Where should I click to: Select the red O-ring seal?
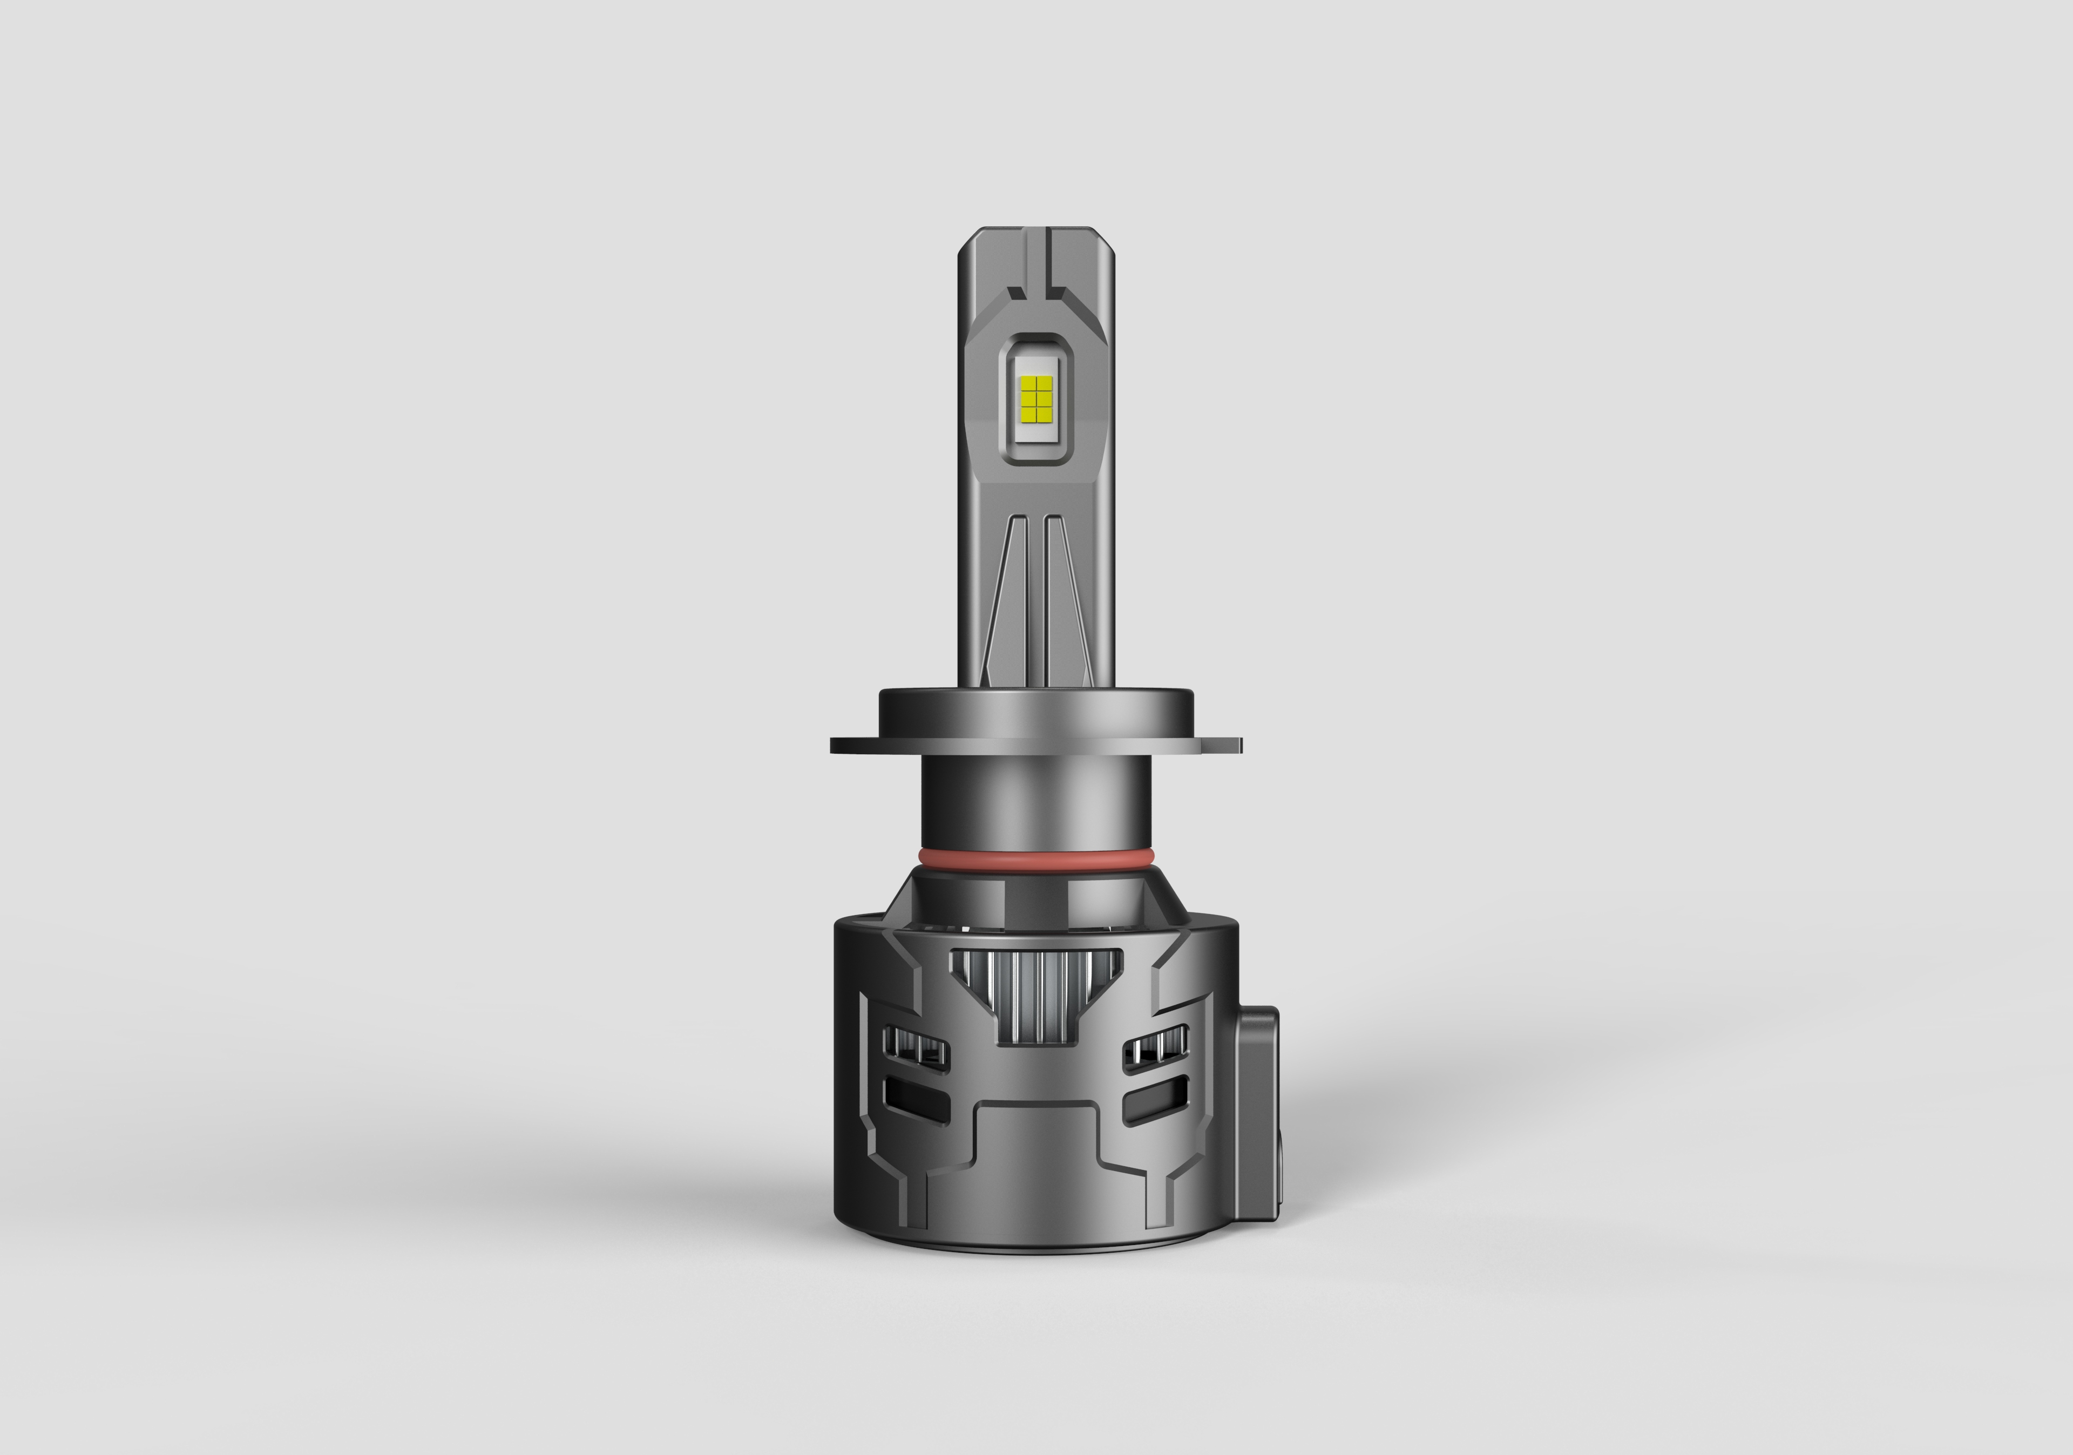tap(1035, 855)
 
